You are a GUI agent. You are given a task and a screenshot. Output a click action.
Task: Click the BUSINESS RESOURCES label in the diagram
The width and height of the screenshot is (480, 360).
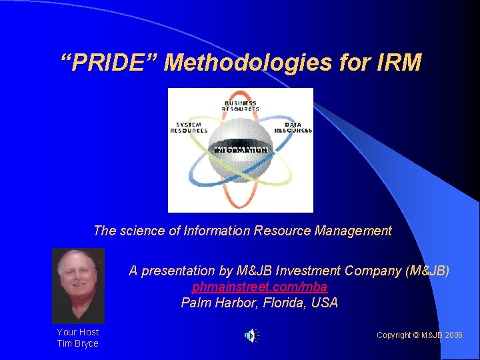click(241, 105)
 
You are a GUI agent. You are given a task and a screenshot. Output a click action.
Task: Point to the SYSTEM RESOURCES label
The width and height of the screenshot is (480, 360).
click(189, 127)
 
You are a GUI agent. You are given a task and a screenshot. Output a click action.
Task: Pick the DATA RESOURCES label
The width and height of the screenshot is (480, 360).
click(293, 127)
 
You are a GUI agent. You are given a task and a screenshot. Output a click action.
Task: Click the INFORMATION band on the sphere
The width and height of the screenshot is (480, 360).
click(241, 150)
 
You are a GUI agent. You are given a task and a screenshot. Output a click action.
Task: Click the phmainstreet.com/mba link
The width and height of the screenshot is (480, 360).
click(259, 287)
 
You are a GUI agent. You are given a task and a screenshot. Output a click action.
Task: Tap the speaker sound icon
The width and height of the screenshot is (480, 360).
click(251, 335)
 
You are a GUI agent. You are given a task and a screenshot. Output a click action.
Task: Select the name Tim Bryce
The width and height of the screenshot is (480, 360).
click(77, 343)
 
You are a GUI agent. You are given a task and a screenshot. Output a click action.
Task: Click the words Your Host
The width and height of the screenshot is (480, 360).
click(77, 331)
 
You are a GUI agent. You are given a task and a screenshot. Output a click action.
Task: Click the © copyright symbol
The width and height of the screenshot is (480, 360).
click(415, 335)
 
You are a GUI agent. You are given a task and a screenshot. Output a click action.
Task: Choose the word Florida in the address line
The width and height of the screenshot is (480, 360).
click(283, 303)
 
